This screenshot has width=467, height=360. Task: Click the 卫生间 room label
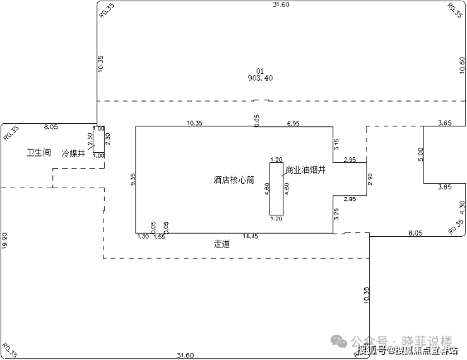[x=38, y=153]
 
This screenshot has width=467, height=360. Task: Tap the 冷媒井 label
[x=73, y=153]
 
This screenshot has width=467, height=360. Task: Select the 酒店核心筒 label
[x=233, y=180]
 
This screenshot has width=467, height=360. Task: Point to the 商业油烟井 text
[x=305, y=170]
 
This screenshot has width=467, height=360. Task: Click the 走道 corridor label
[x=222, y=243]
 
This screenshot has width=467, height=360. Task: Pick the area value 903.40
[x=261, y=78]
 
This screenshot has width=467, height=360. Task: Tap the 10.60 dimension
[x=463, y=65]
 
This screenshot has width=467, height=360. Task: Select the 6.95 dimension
[x=293, y=123]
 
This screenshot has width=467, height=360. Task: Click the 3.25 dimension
[x=337, y=213]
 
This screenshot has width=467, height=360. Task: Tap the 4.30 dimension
[x=463, y=206]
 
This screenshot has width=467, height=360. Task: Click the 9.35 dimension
[x=133, y=180]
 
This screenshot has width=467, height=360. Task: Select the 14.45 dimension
[x=251, y=236]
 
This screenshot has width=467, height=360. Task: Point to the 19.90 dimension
[x=4, y=240]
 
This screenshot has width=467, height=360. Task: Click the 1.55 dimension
[x=159, y=236]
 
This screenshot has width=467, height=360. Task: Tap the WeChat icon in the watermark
[x=340, y=340]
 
